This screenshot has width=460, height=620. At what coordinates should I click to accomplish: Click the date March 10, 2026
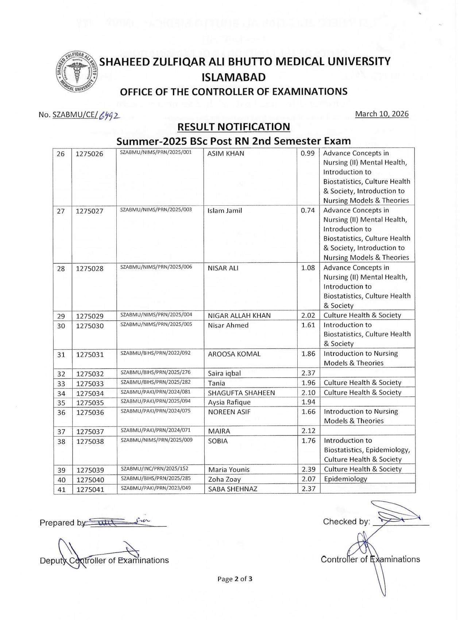tap(382, 114)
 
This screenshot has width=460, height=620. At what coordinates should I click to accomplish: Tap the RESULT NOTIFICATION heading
tap(233, 127)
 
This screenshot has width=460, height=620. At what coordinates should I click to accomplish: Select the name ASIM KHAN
tap(226, 154)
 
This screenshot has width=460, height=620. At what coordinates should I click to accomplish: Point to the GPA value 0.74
tap(308, 210)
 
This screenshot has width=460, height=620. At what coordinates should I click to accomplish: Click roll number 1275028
tap(90, 269)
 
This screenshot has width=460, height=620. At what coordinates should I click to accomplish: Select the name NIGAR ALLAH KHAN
tap(239, 315)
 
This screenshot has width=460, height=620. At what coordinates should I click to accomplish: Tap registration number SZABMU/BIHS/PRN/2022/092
tap(156, 353)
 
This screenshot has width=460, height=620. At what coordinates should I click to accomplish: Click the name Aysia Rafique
tap(229, 402)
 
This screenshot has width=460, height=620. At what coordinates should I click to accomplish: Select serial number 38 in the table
tap(61, 441)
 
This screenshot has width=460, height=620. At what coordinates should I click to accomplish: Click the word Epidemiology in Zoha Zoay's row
tap(345, 479)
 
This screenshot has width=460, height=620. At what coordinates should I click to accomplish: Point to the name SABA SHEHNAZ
tap(233, 489)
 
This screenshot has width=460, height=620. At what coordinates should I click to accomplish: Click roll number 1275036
tap(90, 412)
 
